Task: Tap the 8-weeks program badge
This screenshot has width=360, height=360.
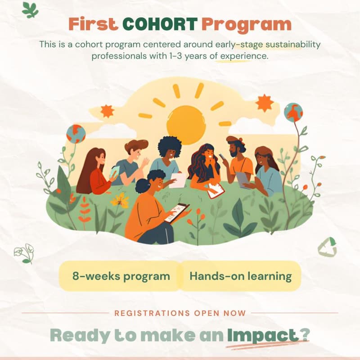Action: (x=121, y=276)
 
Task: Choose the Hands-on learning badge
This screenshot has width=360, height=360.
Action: (x=240, y=276)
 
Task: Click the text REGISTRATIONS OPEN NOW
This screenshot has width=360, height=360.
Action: (x=180, y=313)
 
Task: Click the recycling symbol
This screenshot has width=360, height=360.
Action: (x=327, y=247)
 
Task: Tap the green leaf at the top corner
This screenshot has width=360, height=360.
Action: (x=30, y=9)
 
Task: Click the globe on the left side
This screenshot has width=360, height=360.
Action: (x=76, y=134)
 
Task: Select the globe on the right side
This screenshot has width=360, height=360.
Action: (x=293, y=112)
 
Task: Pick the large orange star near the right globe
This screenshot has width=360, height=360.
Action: (x=265, y=103)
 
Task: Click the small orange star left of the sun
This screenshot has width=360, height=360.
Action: (x=107, y=110)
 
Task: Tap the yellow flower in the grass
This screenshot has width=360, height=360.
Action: (x=120, y=200)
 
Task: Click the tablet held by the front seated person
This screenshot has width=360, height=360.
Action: (x=176, y=212)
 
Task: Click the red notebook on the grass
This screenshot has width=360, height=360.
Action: (x=216, y=190)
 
